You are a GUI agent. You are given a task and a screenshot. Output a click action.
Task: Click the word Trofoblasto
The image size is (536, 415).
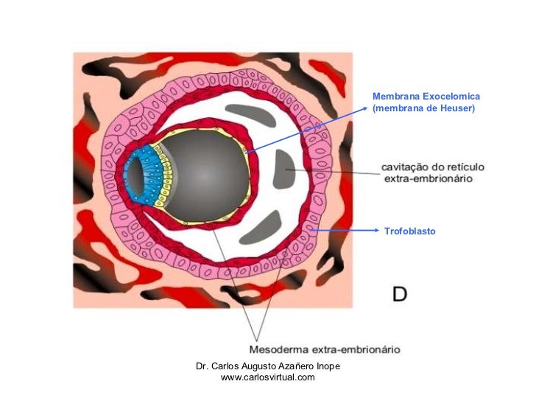(409, 231)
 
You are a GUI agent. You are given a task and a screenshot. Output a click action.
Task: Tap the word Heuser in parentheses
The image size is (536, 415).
(456, 109)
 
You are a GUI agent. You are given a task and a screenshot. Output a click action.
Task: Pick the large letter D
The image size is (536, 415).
(399, 294)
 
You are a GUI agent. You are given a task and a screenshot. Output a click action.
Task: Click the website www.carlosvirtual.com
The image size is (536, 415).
(267, 377)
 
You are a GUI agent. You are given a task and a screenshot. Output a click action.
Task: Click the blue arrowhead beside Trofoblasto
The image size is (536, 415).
(376, 231)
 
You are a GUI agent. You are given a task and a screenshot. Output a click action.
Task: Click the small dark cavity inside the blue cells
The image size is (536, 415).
(133, 177)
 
